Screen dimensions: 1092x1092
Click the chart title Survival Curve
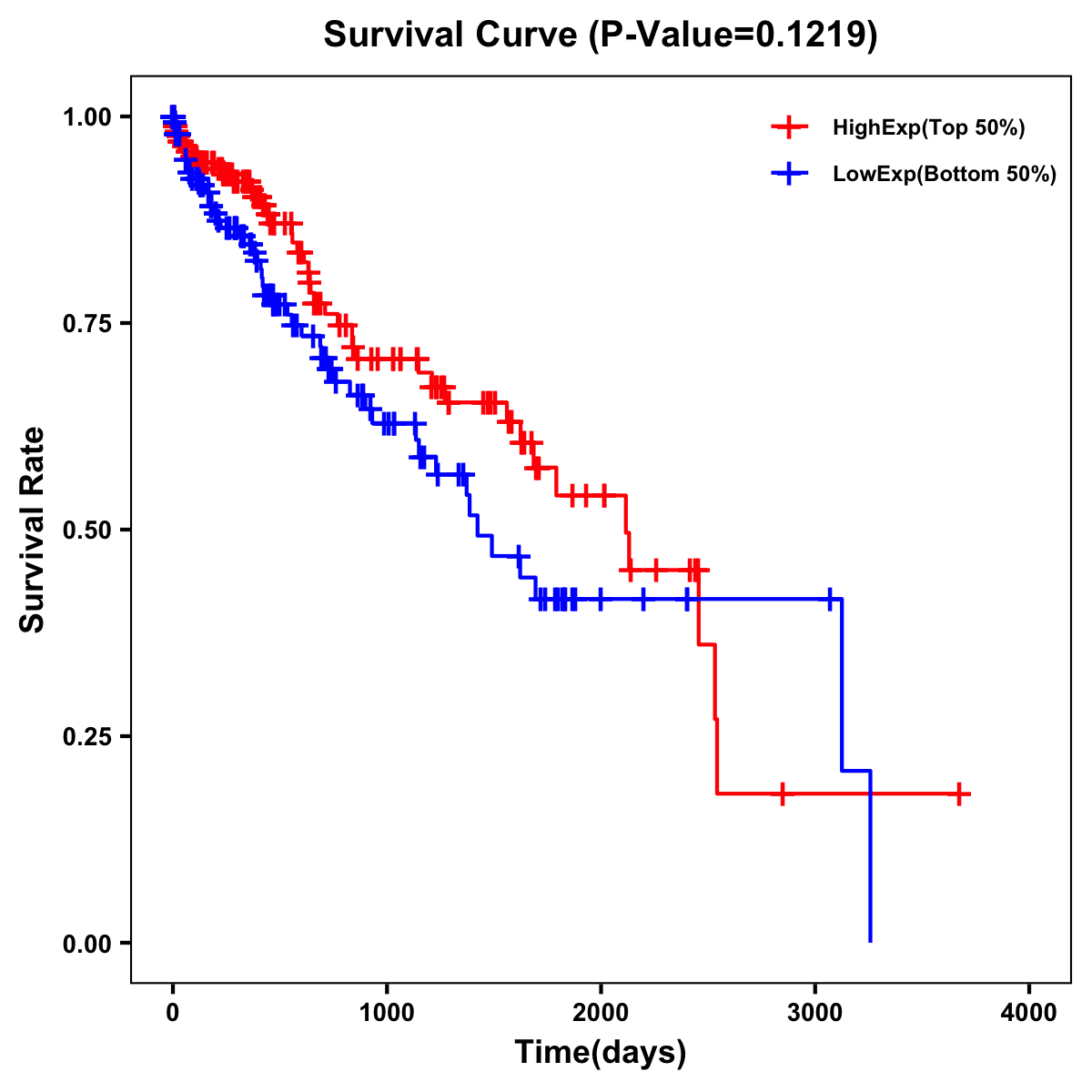pyautogui.click(x=450, y=35)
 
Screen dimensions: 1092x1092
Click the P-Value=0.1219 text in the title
pyautogui.click(x=733, y=35)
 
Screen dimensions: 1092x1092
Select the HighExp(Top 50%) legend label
pyautogui.click(x=928, y=128)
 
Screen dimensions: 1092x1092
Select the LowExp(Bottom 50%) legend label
pyautogui.click(x=944, y=175)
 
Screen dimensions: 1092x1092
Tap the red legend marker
pyautogui.click(x=789, y=128)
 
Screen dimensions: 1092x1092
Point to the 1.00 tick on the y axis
pyautogui.click(x=86, y=116)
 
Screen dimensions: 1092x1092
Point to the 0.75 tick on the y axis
pyautogui.click(x=86, y=323)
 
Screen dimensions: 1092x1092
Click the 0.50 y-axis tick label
pyautogui.click(x=86, y=530)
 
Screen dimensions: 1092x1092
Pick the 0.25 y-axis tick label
pyautogui.click(x=86, y=736)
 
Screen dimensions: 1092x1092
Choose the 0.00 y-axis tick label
pyautogui.click(x=86, y=943)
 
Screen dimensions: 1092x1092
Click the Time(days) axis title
pyautogui.click(x=601, y=1053)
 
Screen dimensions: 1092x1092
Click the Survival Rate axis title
pyautogui.click(x=33, y=530)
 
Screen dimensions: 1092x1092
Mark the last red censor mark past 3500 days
pyautogui.click(x=959, y=794)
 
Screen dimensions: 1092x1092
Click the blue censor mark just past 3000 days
pyautogui.click(x=830, y=599)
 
